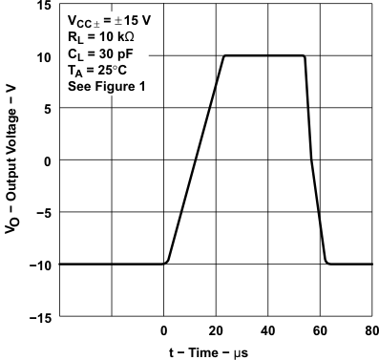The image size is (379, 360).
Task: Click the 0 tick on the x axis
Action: coord(163,330)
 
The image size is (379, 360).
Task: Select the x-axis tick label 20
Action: coord(216,330)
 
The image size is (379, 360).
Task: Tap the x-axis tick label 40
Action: coord(267,330)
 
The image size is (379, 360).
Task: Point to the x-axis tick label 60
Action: coord(320,330)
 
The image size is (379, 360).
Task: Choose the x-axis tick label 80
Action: coord(370,330)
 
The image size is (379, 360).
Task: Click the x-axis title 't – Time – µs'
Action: coord(215,352)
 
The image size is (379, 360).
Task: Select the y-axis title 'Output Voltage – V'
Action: coord(11,160)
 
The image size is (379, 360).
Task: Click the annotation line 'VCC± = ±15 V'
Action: coord(110,20)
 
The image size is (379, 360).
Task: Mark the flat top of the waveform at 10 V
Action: coord(264,56)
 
